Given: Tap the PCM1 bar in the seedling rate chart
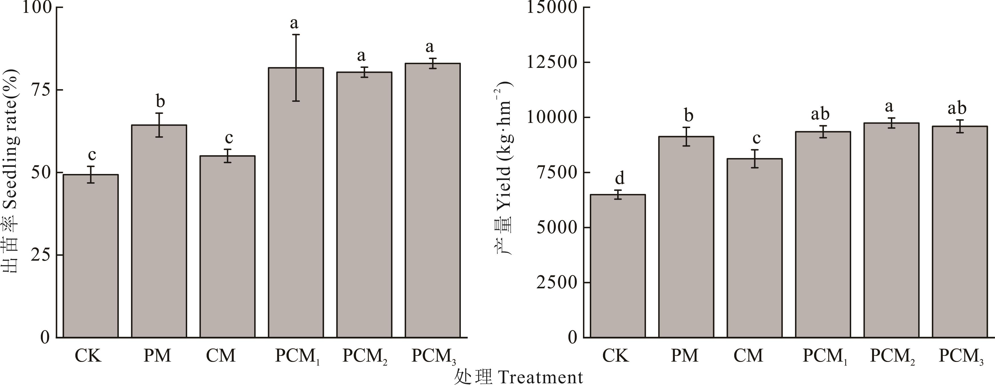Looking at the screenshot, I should tap(296, 202).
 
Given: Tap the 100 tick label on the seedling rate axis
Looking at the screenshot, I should tap(37, 8).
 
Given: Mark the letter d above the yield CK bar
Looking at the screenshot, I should tap(619, 179).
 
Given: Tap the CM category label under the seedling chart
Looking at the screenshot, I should tap(221, 356).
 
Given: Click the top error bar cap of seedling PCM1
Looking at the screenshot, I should tap(296, 35).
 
